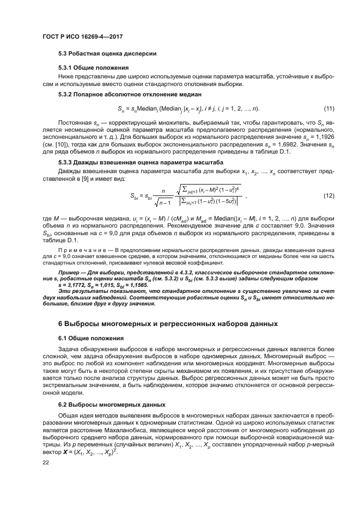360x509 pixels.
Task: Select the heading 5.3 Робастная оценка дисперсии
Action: [107, 54]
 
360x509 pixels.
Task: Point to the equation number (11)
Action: [328, 109]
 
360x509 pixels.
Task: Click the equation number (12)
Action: [328, 195]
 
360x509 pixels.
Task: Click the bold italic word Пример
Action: [70, 271]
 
